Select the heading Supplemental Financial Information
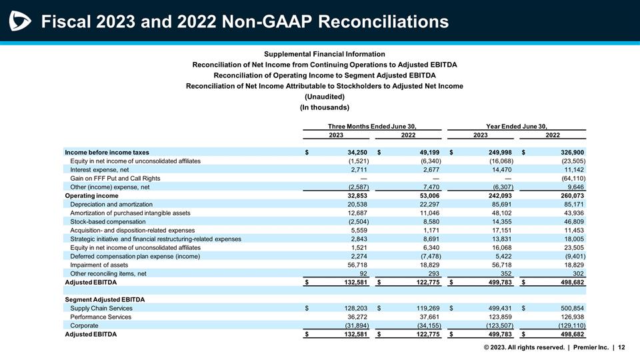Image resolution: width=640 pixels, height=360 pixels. pyautogui.click(x=324, y=54)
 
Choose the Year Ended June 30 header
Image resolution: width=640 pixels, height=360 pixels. pyautogui.click(x=517, y=125)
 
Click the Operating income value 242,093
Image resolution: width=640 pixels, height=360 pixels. pyautogui.click(x=497, y=195)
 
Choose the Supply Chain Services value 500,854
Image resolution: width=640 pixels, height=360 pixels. pyautogui.click(x=569, y=308)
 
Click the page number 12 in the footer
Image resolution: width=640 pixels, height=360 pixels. pyautogui.click(x=621, y=347)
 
